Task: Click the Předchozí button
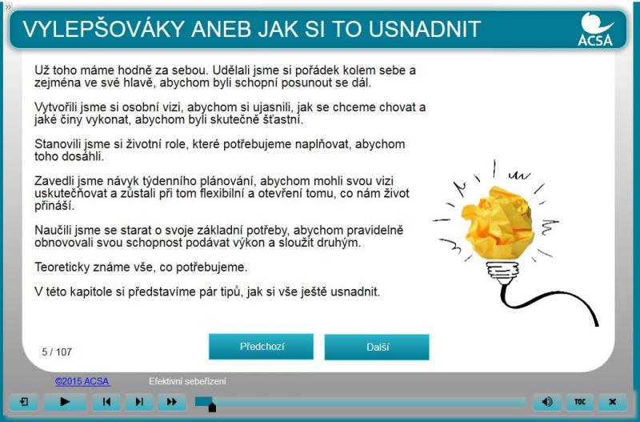(262, 347)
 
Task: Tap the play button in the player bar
(65, 401)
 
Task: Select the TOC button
(579, 402)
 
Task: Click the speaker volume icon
(547, 402)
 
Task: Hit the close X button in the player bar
(612, 402)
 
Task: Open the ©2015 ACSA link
(82, 381)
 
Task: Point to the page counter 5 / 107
(57, 352)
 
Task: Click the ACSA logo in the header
(595, 29)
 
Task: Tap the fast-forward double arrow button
(172, 402)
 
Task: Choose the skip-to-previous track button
(106, 402)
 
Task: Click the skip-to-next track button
(139, 402)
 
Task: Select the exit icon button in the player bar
(24, 402)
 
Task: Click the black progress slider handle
(212, 408)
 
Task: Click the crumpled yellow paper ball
(497, 223)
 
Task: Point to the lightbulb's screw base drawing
(503, 273)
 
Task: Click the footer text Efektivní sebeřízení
(187, 381)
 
